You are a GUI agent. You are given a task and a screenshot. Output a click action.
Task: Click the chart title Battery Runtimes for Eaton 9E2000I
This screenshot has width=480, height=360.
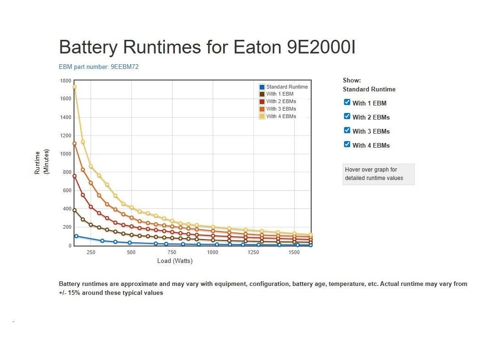click(207, 47)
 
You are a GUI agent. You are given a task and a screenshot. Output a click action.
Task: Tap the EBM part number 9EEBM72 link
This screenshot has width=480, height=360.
click(98, 67)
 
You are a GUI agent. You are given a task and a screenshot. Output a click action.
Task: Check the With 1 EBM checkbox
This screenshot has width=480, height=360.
click(347, 102)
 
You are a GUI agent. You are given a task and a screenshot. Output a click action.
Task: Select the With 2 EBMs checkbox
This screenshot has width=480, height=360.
click(347, 116)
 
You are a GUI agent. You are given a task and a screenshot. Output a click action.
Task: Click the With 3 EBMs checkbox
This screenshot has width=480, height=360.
click(347, 130)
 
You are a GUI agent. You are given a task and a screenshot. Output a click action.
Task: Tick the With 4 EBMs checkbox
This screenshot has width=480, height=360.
click(347, 144)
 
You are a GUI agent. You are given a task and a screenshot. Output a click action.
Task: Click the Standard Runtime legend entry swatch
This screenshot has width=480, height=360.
click(262, 87)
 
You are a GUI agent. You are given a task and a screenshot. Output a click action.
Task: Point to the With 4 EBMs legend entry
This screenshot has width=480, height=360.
click(281, 116)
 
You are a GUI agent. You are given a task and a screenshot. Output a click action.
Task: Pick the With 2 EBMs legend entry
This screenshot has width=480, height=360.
click(281, 101)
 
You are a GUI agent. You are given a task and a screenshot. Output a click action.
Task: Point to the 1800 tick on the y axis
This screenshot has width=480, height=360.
click(66, 81)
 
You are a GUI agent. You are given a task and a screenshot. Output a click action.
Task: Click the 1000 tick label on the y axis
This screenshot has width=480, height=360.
click(66, 154)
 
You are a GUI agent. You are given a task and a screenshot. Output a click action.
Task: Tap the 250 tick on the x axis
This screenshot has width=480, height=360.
click(91, 252)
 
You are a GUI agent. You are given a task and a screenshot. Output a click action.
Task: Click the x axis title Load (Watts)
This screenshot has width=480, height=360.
click(175, 261)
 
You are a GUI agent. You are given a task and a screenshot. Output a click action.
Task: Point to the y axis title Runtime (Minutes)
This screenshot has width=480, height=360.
click(42, 162)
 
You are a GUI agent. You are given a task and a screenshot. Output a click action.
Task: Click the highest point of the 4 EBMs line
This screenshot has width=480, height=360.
click(74, 87)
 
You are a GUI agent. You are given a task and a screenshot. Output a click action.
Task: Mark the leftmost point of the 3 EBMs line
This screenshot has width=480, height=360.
click(74, 143)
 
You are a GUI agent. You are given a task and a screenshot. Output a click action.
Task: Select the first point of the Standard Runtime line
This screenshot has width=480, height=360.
click(76, 236)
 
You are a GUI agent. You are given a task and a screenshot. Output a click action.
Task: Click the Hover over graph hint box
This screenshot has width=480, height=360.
click(378, 174)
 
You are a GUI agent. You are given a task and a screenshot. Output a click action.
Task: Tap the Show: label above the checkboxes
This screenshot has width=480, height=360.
click(352, 81)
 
